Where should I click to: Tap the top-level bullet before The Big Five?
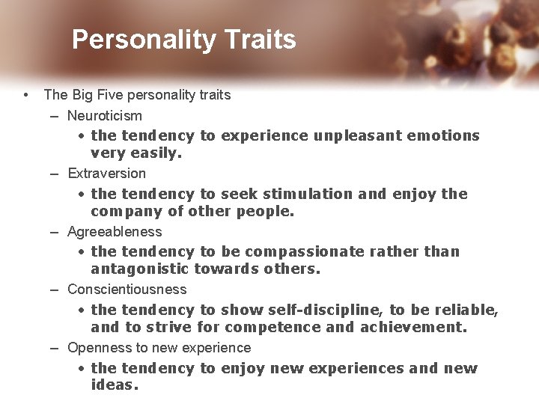pos(26,95)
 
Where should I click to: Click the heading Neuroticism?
pos(105,116)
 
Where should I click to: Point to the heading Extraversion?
pos(107,174)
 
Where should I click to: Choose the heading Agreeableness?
pos(115,232)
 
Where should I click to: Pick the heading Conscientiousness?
pos(127,290)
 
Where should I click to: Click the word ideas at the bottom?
pos(114,385)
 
